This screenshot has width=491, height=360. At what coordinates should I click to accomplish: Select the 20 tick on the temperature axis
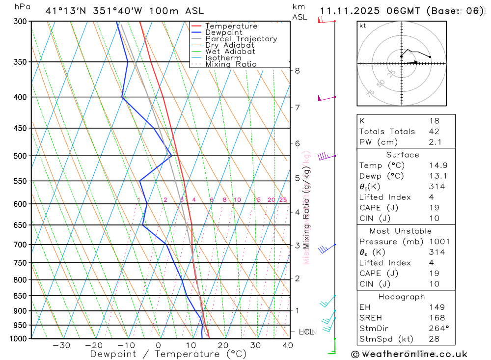pos(223,345)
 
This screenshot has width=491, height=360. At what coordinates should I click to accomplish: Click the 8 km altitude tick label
pos(298,70)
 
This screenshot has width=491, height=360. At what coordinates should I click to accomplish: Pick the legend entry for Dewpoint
pos(223,32)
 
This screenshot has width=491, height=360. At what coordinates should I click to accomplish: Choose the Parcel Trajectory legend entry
pos(241,39)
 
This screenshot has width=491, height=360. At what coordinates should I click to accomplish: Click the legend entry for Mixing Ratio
pos(231,64)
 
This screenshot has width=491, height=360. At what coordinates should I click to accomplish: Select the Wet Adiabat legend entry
pos(230,52)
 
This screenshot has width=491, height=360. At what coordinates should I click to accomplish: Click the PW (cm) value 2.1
pos(435,142)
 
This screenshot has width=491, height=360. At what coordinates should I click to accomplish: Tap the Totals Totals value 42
pos(434,131)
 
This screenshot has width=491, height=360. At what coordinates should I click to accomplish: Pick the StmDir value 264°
pos(437,329)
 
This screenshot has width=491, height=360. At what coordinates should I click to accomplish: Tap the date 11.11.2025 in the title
pos(351,10)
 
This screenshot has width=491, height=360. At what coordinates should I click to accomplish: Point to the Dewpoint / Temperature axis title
pos(168,354)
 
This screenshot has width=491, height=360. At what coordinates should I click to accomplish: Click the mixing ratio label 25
pos(283,199)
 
